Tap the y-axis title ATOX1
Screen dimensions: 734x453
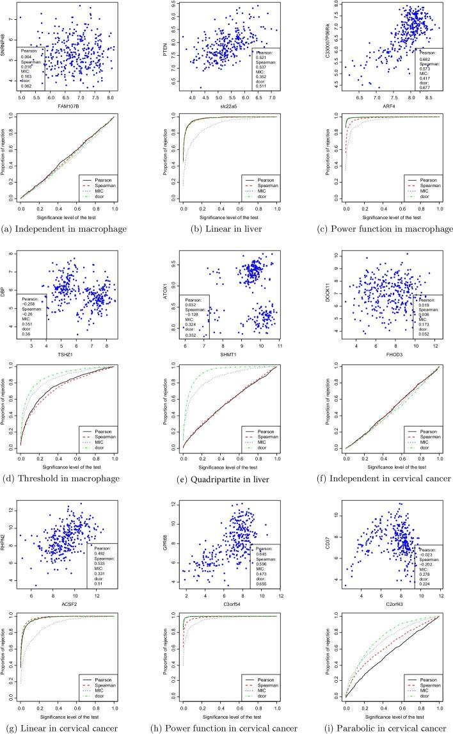tap(159, 291)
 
